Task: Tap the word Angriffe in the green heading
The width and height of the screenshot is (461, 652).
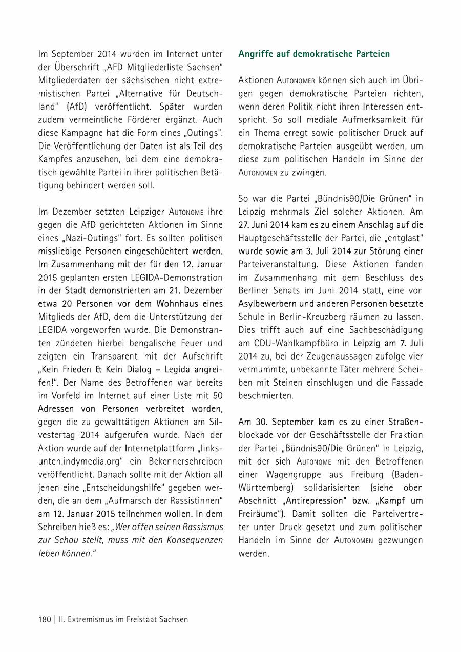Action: click(x=254, y=54)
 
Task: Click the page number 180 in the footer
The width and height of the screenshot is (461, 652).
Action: click(x=45, y=619)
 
